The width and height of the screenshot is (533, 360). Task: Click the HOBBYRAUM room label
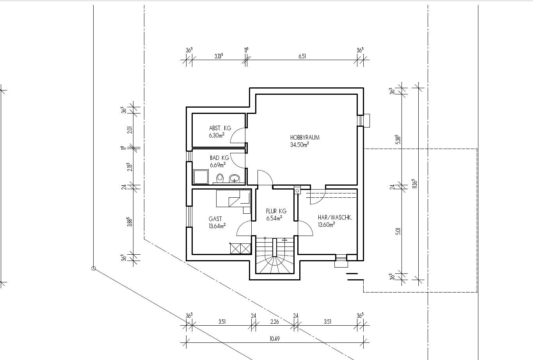(x=305, y=137)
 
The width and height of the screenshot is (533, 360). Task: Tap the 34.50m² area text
(x=300, y=145)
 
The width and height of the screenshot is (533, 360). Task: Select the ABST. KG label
(x=220, y=128)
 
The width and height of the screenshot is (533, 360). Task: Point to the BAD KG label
(x=219, y=158)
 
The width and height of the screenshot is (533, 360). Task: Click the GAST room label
(x=215, y=219)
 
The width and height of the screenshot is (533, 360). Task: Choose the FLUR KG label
(x=276, y=211)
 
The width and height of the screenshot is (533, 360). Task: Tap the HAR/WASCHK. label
(x=335, y=218)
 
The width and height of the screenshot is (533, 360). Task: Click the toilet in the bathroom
(x=220, y=178)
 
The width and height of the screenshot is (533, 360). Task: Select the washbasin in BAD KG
(x=235, y=179)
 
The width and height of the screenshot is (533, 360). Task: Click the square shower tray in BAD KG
(x=201, y=177)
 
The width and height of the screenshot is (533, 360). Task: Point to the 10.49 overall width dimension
(x=275, y=339)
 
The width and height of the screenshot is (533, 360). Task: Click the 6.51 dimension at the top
(x=302, y=56)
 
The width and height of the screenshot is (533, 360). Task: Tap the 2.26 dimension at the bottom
(x=275, y=322)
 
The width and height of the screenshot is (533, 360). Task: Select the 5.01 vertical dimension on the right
(x=398, y=231)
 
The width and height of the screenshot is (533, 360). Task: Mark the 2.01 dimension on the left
(x=130, y=130)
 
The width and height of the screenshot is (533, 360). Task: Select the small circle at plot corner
(x=94, y=268)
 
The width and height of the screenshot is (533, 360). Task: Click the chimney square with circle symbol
(x=297, y=191)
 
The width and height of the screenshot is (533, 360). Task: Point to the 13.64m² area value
(x=217, y=226)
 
